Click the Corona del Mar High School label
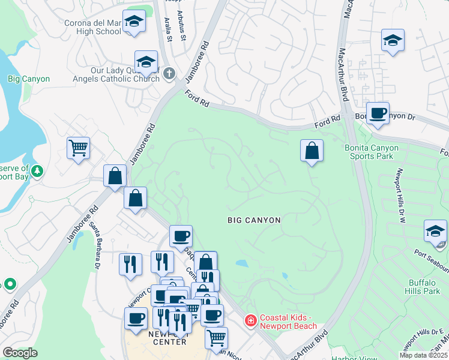[x=92, y=28]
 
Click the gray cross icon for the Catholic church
[x=169, y=74]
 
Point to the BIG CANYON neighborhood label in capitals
[x=254, y=220]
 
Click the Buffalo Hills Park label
[x=424, y=287]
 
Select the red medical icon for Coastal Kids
[x=250, y=322]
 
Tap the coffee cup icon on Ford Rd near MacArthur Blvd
[x=378, y=113]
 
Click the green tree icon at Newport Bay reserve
[x=37, y=172]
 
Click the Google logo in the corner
[x=20, y=353]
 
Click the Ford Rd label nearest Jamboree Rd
[x=197, y=98]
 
